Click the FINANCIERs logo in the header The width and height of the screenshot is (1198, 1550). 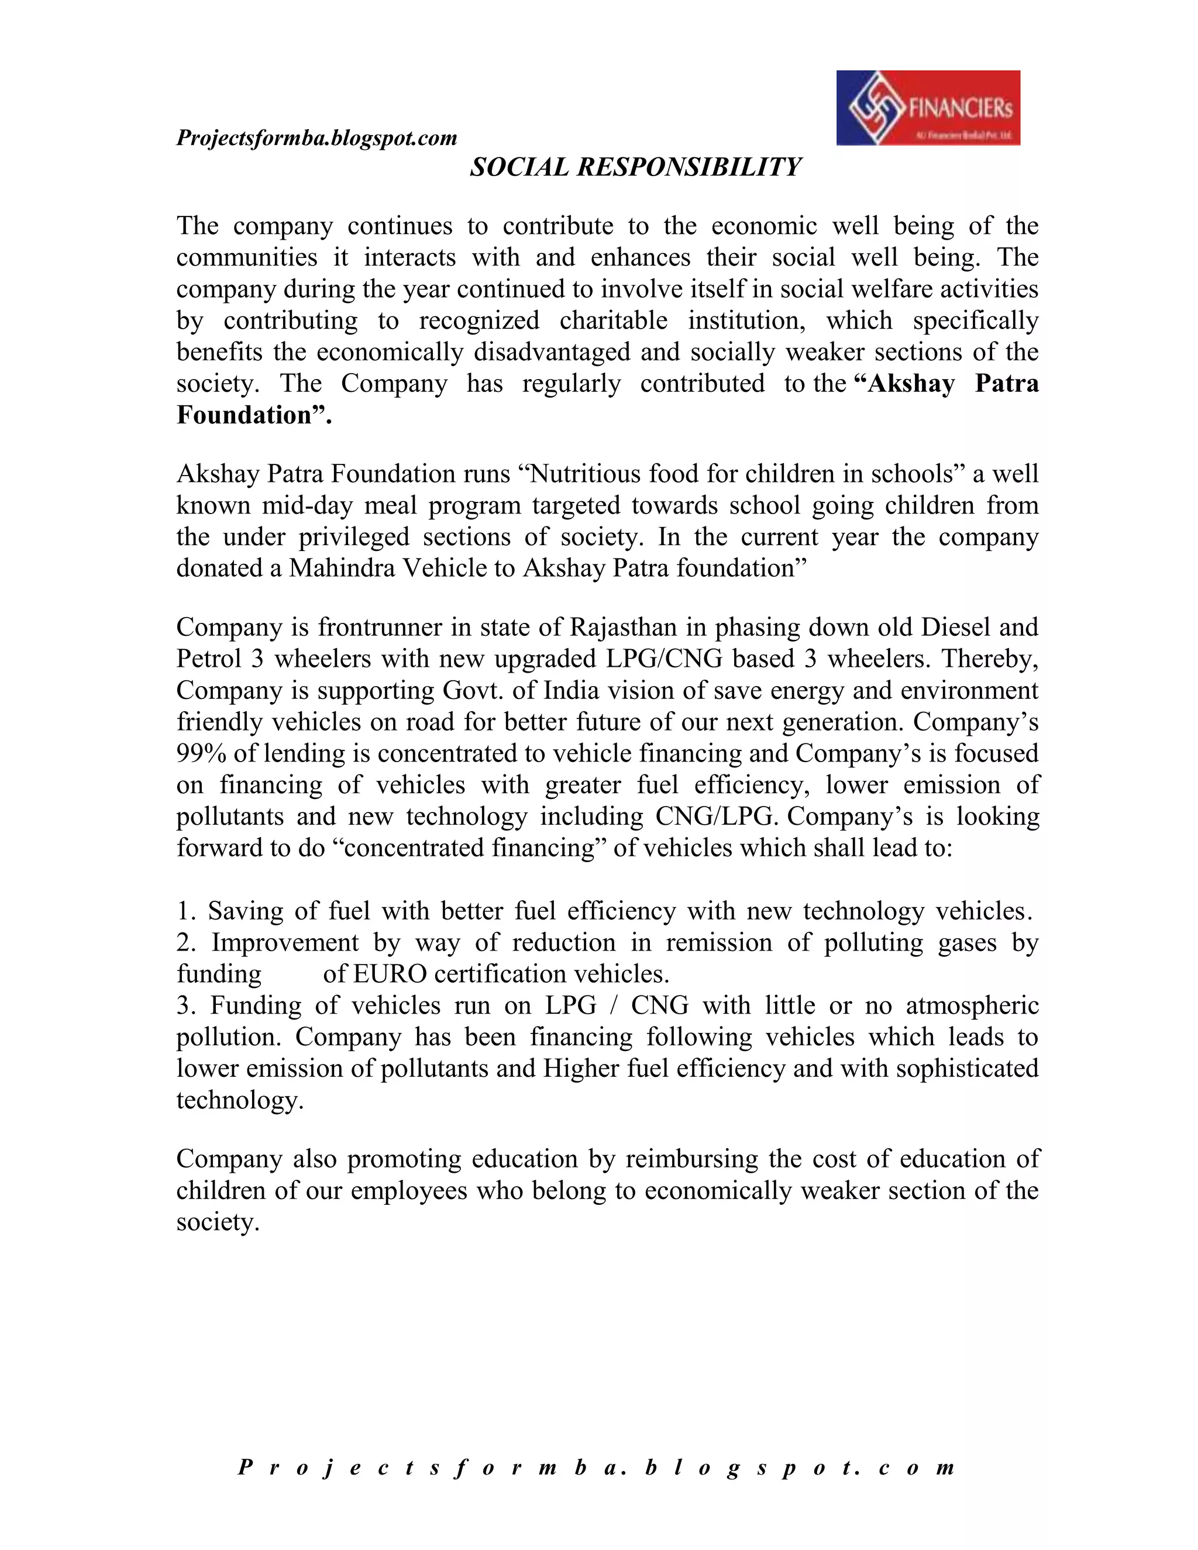(928, 108)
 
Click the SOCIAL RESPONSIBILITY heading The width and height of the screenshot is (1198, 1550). (635, 167)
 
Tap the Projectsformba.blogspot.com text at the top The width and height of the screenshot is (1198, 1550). (316, 137)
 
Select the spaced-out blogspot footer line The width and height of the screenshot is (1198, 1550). (597, 1467)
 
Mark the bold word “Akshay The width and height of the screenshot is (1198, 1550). (906, 384)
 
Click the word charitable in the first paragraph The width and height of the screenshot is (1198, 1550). (613, 321)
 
